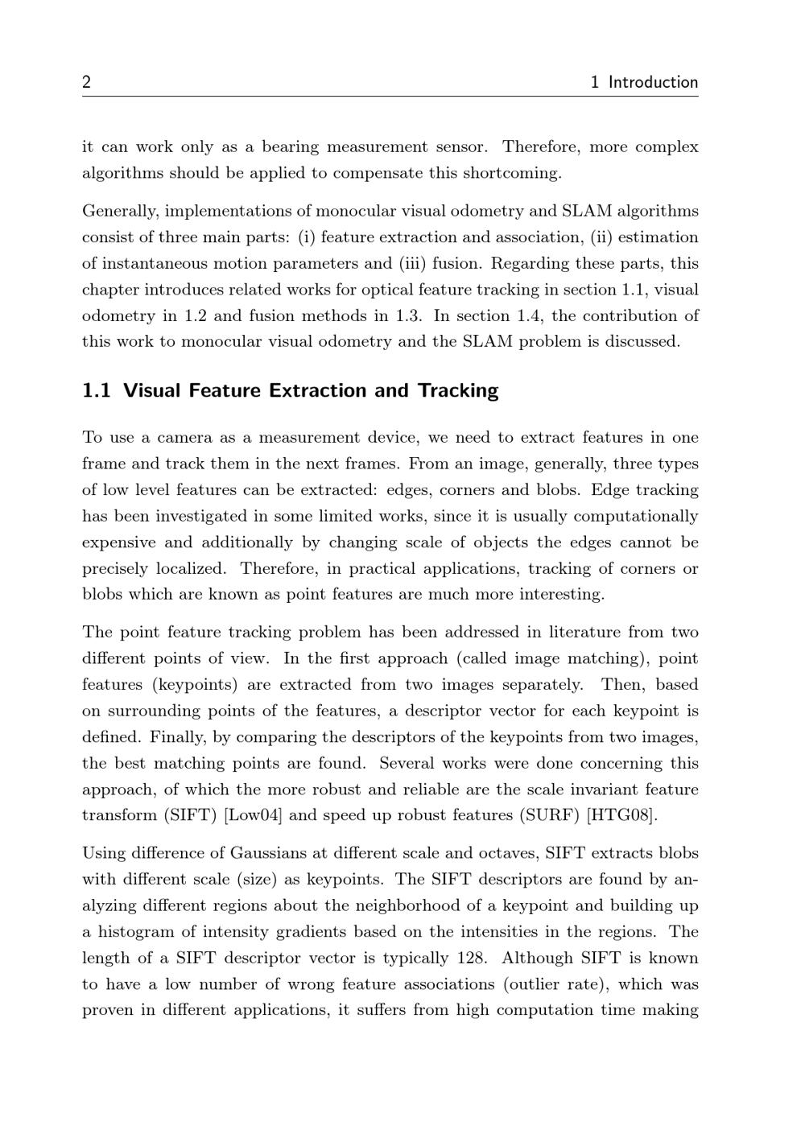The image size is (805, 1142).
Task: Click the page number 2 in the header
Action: pos(86,82)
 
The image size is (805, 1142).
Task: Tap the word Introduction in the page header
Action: pos(653,82)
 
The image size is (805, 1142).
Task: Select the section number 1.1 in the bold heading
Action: pos(96,391)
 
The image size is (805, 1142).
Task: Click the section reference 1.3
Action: pos(410,315)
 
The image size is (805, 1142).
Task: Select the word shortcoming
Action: pos(513,173)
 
